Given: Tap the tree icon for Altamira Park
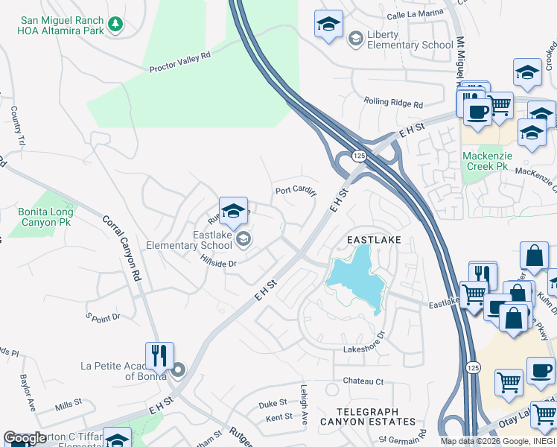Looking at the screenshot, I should (115, 25).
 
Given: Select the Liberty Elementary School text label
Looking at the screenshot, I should (410, 40).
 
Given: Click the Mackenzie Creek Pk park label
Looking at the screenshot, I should (485, 161).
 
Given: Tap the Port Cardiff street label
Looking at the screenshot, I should (296, 191).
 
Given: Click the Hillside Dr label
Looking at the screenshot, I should (218, 263).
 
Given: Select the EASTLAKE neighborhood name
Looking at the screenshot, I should (375, 240).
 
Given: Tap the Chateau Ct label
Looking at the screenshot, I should (363, 381).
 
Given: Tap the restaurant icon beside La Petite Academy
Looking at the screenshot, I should (159, 356).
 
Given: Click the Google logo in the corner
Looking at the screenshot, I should (25, 438).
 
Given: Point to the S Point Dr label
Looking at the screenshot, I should (103, 317).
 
